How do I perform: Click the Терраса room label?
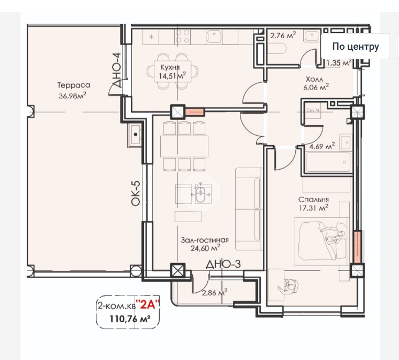click(74, 85)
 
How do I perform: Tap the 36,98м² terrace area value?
click(73, 96)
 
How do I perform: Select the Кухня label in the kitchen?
click(170, 67)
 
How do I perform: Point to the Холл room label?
click(314, 79)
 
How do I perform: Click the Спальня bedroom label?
click(314, 199)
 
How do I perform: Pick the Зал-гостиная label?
click(205, 240)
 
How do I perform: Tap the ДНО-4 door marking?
click(117, 70)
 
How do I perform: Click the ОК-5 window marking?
click(136, 193)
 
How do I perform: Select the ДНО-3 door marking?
click(223, 264)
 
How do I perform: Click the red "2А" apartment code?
click(148, 304)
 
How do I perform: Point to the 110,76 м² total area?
click(130, 319)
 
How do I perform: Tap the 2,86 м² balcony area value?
click(215, 292)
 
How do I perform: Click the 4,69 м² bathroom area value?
click(322, 146)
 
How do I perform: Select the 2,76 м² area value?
click(283, 35)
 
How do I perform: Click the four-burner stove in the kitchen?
click(182, 36)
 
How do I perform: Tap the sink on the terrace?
click(135, 136)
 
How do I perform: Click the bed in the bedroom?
click(322, 242)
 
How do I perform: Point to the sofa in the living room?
click(249, 209)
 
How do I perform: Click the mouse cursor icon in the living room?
click(201, 192)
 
